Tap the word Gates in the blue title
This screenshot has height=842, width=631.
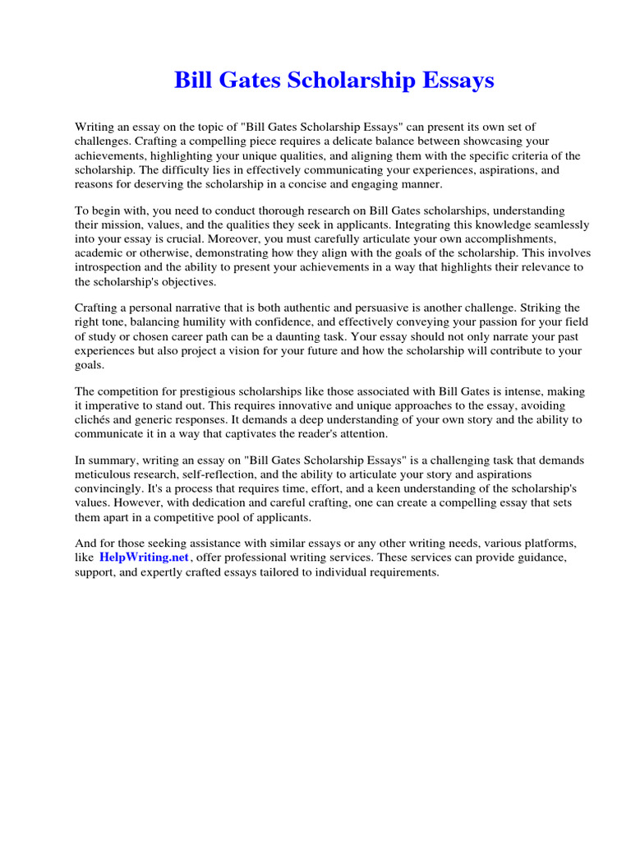pos(248,81)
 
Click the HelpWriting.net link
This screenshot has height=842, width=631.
pos(145,557)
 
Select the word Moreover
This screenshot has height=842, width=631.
pos(257,238)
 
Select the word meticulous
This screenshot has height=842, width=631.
pos(106,476)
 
